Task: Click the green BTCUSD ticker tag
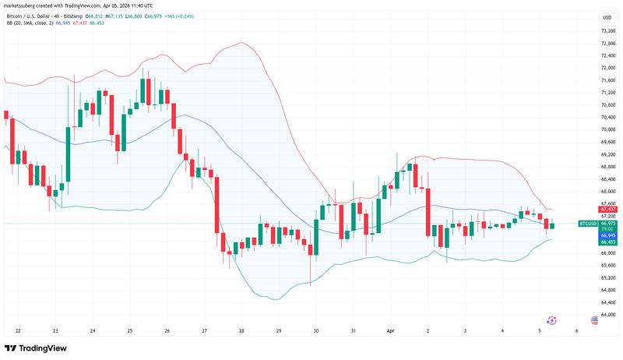588,223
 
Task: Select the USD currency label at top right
607,16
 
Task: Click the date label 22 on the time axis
17,330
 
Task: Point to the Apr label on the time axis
392,330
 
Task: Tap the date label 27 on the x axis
204,330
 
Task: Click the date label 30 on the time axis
316,330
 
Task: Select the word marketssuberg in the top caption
26,6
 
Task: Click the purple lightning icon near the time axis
552,319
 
